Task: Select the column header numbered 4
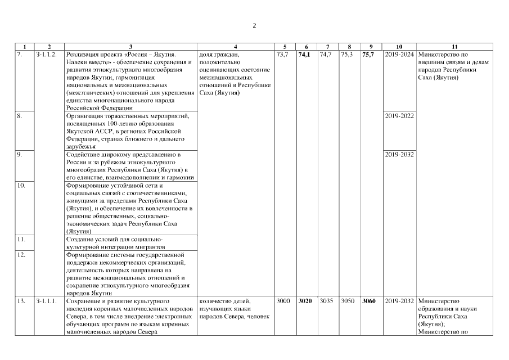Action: [235, 46]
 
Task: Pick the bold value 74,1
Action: [305, 55]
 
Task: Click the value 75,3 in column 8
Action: [348, 55]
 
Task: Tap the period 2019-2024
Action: [400, 55]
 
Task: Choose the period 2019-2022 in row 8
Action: [400, 116]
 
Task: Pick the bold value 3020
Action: [305, 301]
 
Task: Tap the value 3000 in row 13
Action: [283, 301]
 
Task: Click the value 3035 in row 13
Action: [326, 301]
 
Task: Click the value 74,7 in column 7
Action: [326, 55]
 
